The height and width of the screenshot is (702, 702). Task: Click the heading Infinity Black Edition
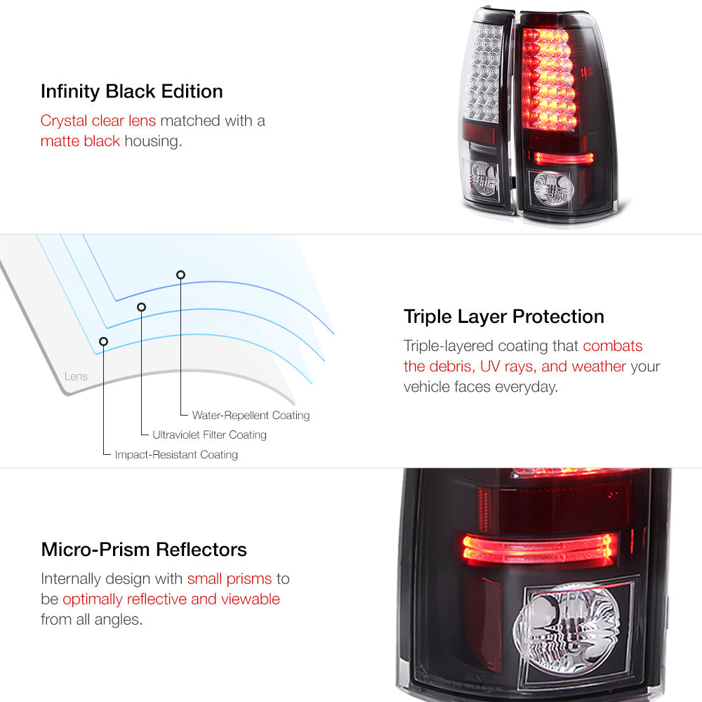tap(132, 92)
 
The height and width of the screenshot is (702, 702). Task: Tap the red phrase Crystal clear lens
tap(98, 121)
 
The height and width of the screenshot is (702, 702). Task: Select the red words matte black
tap(80, 141)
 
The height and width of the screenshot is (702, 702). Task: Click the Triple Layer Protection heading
tap(503, 317)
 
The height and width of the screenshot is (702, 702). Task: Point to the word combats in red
tap(612, 345)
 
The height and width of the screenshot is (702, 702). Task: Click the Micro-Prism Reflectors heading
tap(144, 550)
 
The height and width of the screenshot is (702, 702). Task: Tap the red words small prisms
tap(230, 579)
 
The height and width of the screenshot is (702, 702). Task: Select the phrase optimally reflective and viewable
tap(171, 600)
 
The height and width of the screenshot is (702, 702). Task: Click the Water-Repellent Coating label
tap(251, 416)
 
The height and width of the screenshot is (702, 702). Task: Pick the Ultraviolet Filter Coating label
tap(209, 435)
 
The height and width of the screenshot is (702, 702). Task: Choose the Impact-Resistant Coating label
tap(176, 455)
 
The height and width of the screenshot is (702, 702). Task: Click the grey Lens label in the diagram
tap(76, 376)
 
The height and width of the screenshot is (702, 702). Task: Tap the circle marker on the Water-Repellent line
tap(180, 275)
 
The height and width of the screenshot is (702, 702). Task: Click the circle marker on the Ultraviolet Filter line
tap(142, 307)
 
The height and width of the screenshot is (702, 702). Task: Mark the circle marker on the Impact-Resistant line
tap(103, 342)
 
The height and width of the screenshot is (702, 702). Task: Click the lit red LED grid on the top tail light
tap(548, 79)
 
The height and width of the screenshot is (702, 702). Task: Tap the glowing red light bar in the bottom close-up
tap(538, 548)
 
